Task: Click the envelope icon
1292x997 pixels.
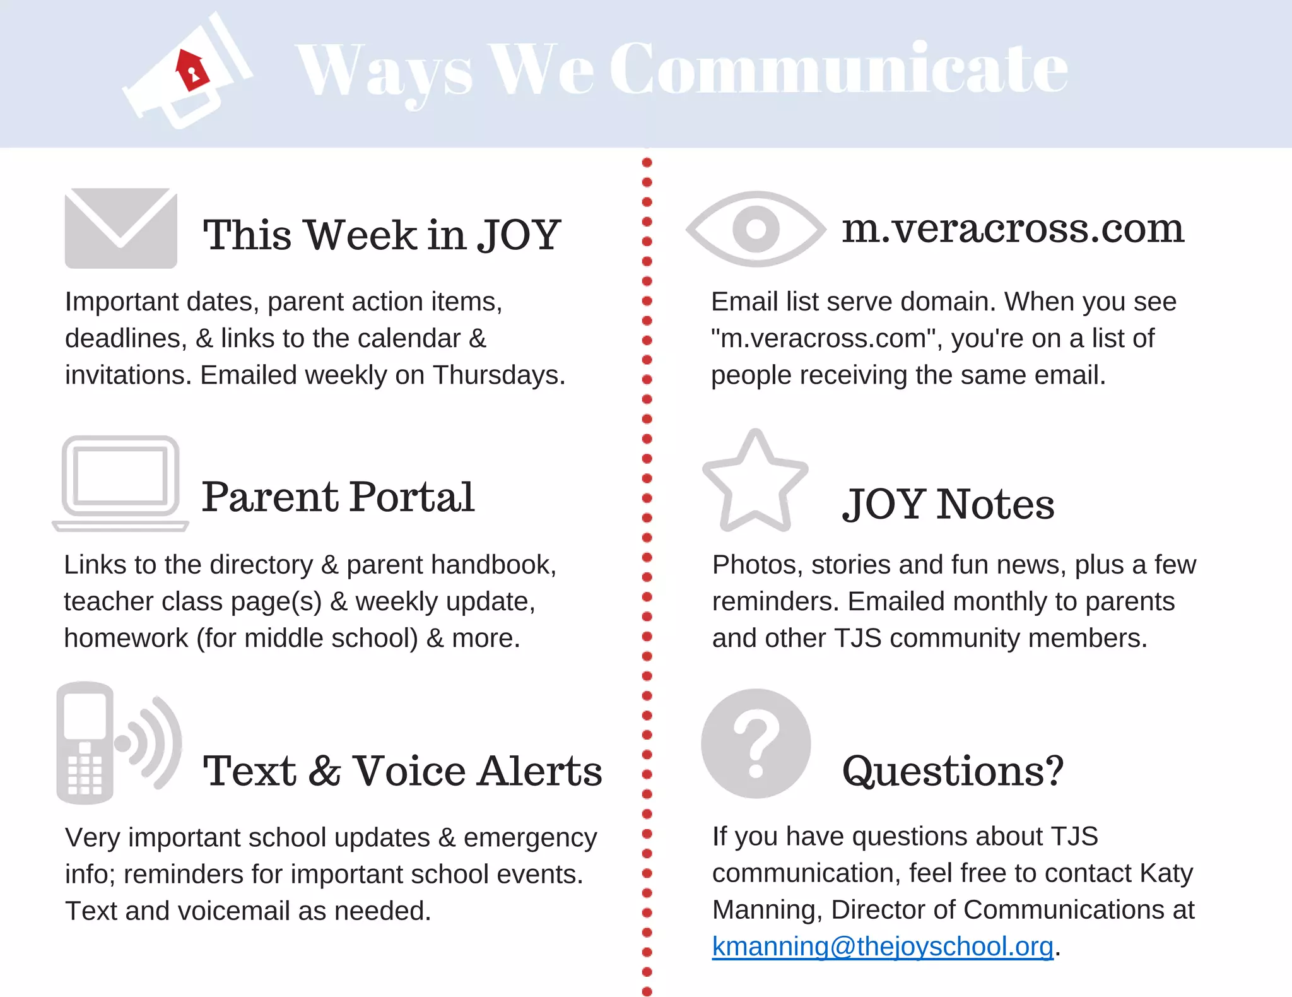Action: pyautogui.click(x=120, y=228)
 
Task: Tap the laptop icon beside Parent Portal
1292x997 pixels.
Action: pyautogui.click(x=120, y=483)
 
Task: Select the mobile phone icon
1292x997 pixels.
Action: pyautogui.click(x=86, y=743)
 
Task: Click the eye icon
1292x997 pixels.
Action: pyautogui.click(x=756, y=228)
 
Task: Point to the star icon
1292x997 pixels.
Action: pyautogui.click(x=755, y=482)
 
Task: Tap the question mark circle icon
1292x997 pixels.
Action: pyautogui.click(x=756, y=743)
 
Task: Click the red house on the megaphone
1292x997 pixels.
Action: pyautogui.click(x=191, y=69)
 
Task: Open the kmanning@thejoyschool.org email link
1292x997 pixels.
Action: pyautogui.click(x=883, y=947)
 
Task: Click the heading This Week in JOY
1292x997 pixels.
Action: pyautogui.click(x=382, y=235)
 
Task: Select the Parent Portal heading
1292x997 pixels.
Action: pyautogui.click(x=338, y=497)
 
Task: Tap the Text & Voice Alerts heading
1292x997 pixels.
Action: pyautogui.click(x=402, y=770)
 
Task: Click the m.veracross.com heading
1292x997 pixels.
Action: pyautogui.click(x=1013, y=228)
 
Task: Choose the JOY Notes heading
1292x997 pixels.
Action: pyautogui.click(x=948, y=504)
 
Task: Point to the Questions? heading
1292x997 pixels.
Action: pyautogui.click(x=953, y=770)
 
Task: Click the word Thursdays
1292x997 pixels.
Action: pyautogui.click(x=498, y=375)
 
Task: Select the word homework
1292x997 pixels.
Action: pyautogui.click(x=126, y=638)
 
